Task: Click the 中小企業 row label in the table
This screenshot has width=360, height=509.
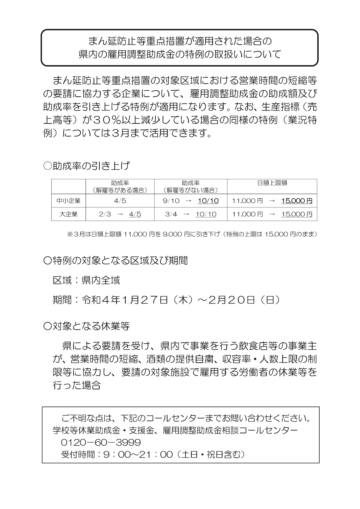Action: [x=68, y=201]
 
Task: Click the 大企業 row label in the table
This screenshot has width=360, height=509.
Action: [x=68, y=214]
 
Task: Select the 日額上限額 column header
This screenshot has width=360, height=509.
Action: [x=272, y=183]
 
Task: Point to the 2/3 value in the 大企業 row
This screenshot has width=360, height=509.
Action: [x=105, y=214]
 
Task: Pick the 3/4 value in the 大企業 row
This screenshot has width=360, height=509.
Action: [x=171, y=214]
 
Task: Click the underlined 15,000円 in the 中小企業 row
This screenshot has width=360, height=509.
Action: [x=297, y=201]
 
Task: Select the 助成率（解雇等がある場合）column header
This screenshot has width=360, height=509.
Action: [x=120, y=186]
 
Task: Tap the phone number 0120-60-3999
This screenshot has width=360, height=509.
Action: [x=101, y=443]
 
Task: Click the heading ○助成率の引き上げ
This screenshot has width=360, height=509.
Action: [x=87, y=166]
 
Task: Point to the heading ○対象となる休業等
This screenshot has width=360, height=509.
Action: [x=87, y=326]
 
